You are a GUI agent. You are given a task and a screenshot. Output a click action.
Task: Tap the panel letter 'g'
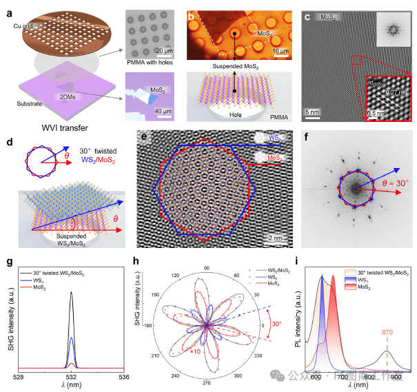9,262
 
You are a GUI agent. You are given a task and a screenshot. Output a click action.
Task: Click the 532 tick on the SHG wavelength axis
72,378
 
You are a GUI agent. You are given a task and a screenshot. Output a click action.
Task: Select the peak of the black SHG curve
72,292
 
